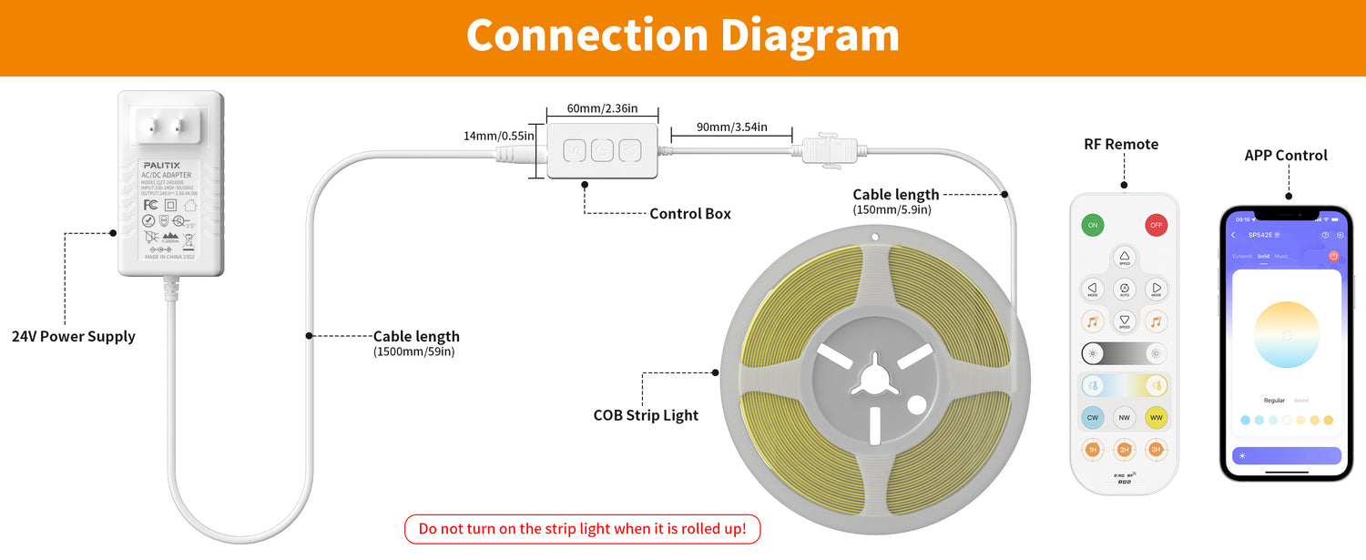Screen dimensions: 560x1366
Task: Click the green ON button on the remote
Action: [1093, 225]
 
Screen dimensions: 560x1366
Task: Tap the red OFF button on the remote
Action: [1157, 225]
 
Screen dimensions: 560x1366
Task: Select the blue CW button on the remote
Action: [1093, 418]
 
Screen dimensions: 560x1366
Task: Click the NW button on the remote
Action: [1125, 418]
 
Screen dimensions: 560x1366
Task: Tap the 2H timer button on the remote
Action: [1125, 450]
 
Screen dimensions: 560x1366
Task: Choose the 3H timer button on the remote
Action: [1157, 450]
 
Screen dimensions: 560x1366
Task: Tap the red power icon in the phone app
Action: [1333, 257]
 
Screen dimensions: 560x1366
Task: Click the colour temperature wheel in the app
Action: [1287, 335]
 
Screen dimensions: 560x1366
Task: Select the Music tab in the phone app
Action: [1281, 257]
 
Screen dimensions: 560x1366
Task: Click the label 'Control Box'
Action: [689, 214]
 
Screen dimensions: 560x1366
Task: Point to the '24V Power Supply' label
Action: [74, 337]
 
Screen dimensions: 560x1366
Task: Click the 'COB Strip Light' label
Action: [646, 416]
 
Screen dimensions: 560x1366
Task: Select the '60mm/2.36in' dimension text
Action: [602, 108]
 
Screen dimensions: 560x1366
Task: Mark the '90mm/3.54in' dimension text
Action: [731, 127]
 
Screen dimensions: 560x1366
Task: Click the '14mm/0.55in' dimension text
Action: [499, 136]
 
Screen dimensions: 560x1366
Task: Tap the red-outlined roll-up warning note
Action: [582, 529]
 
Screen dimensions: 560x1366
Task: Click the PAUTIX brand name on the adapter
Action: [161, 165]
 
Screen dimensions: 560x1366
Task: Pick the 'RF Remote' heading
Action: [1121, 144]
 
